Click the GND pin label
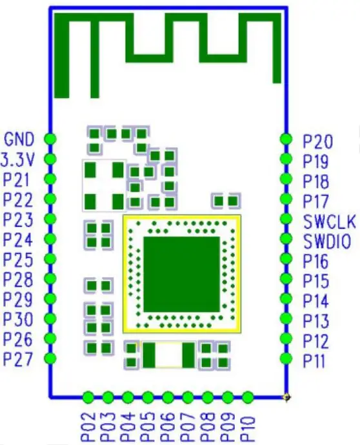coord(19,139)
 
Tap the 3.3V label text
coord(17,160)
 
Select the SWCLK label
coord(330,222)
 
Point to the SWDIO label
coord(327,242)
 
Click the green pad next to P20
coord(286,139)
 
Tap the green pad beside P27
coord(50,358)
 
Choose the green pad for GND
coord(50,139)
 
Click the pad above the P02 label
coord(88,397)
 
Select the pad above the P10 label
coord(248,397)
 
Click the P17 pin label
coord(315,202)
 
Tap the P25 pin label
coord(17,260)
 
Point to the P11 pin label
coord(314,361)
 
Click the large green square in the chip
coord(182,274)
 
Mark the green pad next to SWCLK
coord(286,219)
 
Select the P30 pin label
coord(17,319)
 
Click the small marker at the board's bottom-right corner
coord(286,397)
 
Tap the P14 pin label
coord(315,301)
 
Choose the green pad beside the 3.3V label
coord(50,159)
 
